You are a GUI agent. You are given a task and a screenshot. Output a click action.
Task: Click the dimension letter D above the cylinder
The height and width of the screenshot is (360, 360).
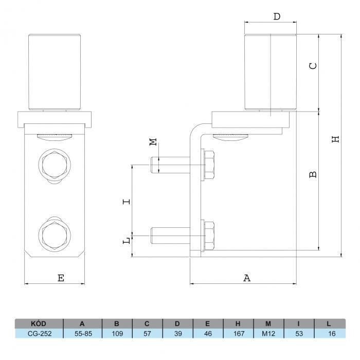[x=277, y=16]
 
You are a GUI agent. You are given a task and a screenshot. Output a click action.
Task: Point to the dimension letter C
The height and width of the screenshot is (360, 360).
[x=313, y=66]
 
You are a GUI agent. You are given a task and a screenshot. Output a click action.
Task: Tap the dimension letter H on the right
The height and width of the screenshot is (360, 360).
[x=335, y=139]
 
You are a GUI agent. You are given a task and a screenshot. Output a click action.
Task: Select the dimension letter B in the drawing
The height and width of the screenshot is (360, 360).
[x=313, y=174]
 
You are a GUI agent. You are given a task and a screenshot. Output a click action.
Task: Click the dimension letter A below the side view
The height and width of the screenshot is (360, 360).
[x=247, y=278]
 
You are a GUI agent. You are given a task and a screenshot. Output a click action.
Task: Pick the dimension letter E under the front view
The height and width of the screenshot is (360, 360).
[x=61, y=278]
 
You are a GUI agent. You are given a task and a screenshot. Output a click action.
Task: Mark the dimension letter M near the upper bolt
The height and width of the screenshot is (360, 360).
[x=153, y=142]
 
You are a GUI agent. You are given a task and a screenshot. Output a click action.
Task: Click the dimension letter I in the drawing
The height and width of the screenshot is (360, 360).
[x=127, y=202]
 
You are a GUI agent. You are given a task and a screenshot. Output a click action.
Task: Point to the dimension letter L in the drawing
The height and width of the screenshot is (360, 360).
[x=127, y=240]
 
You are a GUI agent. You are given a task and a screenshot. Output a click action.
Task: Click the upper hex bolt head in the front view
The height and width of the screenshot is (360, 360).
[x=55, y=165]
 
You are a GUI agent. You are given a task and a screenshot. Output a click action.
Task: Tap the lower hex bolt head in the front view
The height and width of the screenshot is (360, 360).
[x=55, y=235]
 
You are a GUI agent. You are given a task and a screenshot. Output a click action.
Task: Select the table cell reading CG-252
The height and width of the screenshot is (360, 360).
[x=40, y=333]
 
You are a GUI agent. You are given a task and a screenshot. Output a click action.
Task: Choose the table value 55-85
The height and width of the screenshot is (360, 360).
[x=83, y=333]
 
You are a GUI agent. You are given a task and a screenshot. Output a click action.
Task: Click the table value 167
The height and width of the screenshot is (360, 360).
[x=239, y=333]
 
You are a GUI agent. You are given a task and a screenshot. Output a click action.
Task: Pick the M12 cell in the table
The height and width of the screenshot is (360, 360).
[x=268, y=333]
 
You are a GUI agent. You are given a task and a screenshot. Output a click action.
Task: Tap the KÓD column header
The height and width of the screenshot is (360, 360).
[x=39, y=323]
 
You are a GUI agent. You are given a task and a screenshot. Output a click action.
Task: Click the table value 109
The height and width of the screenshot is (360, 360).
[x=117, y=333]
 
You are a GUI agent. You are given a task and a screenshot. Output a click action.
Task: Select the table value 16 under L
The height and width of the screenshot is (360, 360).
[x=332, y=333]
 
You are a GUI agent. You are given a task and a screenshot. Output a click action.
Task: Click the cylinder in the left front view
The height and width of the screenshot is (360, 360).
[x=55, y=71]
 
